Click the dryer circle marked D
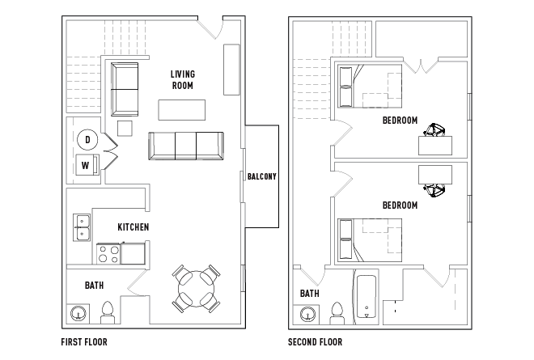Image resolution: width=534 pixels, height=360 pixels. pos(87,140)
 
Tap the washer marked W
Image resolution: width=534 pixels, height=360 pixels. pos(87,165)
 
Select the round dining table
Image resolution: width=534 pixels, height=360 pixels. pos(196,289)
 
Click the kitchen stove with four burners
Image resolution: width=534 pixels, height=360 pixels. pos(108,254)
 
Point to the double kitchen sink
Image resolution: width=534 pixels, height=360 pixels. pos(82,227)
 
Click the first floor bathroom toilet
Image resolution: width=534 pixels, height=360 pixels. pos(108,312)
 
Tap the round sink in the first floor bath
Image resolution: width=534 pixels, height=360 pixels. pos(78,313)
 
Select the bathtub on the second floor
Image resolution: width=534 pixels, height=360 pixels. pos(366,297)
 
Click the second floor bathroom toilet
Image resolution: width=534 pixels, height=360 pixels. pos(337,313)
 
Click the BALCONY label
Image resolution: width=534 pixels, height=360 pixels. pos(262,176)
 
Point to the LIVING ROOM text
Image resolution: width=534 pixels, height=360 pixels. pos(183,80)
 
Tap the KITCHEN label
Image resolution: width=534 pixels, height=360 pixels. pos(133,227)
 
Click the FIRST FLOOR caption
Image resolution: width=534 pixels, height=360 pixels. pos(84,342)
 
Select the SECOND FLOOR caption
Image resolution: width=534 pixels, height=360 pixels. pos(315,342)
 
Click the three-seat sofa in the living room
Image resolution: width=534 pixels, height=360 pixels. pos(186,146)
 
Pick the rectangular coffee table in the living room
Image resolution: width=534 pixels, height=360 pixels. pos(181,110)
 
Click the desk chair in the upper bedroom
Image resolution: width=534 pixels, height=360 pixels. pos(434,130)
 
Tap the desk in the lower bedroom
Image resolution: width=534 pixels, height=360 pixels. pos(435,175)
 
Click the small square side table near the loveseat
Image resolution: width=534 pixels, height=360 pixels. pos(125,129)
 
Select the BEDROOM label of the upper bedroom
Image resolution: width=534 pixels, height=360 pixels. pos(400,121)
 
